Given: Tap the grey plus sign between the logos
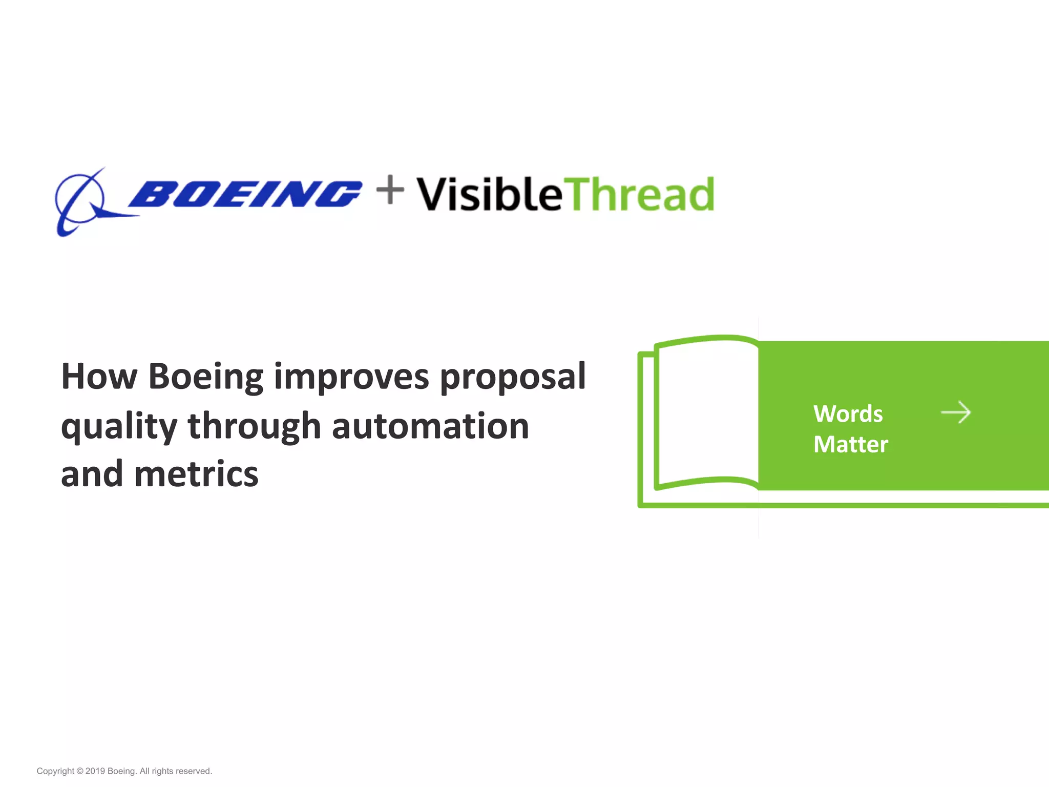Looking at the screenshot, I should point(390,190).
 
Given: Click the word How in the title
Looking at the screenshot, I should point(99,377).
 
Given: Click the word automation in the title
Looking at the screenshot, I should point(430,426).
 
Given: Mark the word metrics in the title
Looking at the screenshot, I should point(196,474).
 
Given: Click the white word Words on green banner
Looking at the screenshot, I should point(848,413).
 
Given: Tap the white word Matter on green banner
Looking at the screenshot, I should point(850,444).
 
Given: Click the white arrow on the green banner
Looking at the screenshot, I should point(956,412).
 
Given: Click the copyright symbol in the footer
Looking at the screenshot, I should point(79,771).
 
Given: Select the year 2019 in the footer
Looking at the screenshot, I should point(95,771).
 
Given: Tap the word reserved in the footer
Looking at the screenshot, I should point(193,771).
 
